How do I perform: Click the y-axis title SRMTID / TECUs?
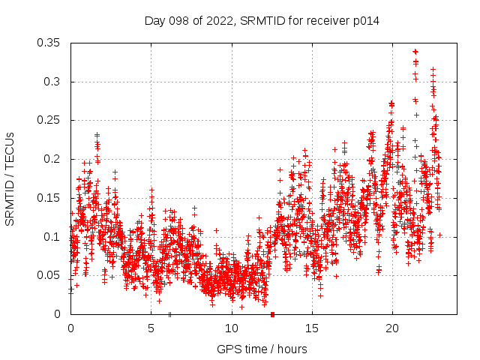click(10, 178)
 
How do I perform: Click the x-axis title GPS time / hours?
click(262, 349)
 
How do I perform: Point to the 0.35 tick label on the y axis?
click(49, 43)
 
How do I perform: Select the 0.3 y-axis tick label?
click(53, 82)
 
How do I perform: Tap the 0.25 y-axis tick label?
click(49, 120)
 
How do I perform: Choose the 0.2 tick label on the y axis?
click(53, 159)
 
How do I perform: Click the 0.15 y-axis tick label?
click(49, 198)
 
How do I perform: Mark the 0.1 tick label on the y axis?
click(53, 237)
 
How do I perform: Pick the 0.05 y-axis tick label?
click(49, 275)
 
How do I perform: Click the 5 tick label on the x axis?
click(151, 328)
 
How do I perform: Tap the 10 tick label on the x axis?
click(231, 328)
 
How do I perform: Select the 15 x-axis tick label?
click(311, 328)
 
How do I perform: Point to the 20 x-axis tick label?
click(391, 328)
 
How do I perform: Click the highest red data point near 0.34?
click(415, 52)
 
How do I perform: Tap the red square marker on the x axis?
click(272, 314)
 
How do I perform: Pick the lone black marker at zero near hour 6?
click(170, 314)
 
